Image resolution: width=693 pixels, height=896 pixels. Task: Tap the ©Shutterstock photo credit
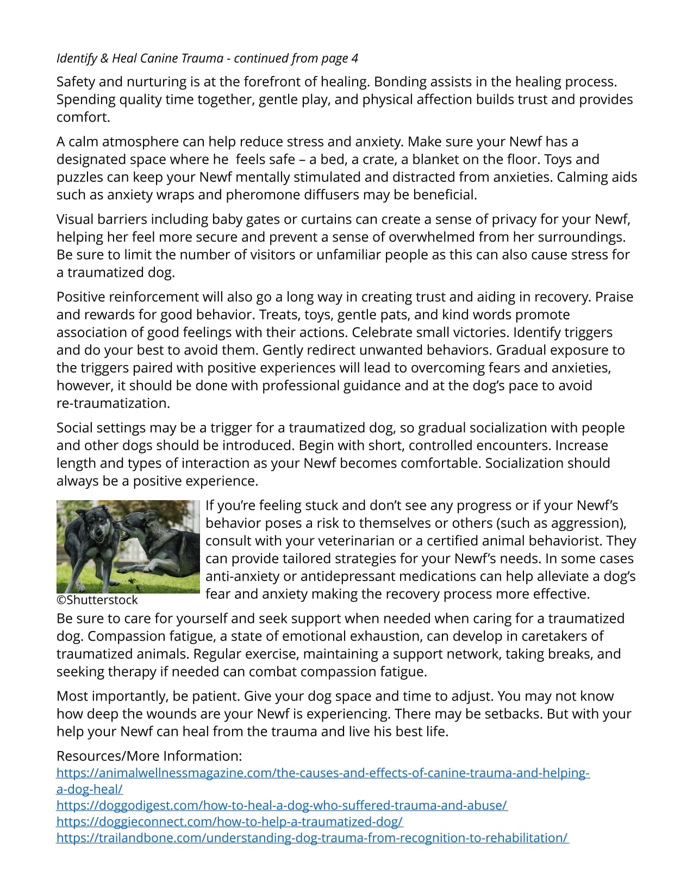(97, 600)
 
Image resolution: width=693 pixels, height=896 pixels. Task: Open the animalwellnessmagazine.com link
(323, 773)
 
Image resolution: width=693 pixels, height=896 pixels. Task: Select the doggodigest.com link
(282, 805)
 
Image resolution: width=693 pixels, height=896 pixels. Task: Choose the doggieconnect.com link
(229, 822)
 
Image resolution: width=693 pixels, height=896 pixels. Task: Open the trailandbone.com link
(313, 838)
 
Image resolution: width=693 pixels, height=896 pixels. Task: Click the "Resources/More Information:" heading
(149, 756)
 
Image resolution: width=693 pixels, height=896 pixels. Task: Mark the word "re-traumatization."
(113, 403)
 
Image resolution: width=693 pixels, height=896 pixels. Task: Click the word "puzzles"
(80, 178)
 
